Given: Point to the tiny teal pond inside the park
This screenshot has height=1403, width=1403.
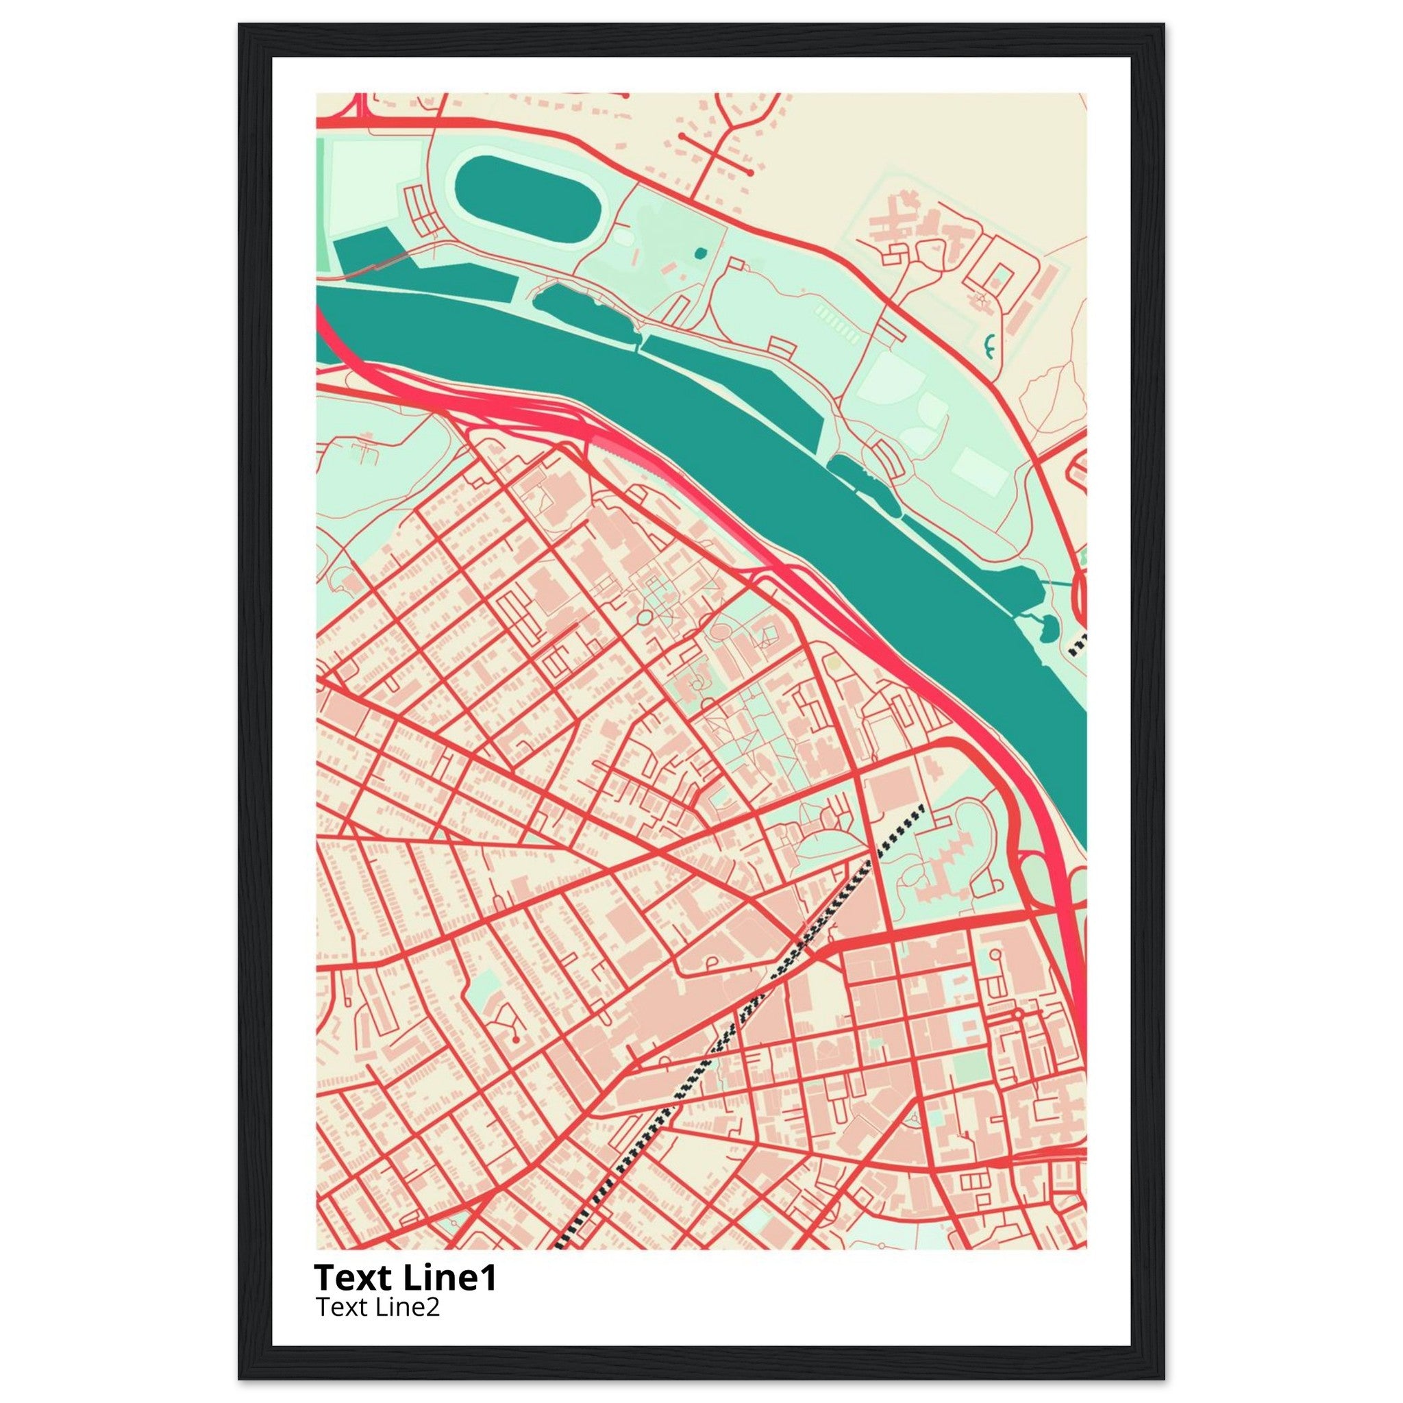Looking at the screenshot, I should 699,253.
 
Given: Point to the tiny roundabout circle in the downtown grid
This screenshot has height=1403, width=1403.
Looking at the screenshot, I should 1018,1013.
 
